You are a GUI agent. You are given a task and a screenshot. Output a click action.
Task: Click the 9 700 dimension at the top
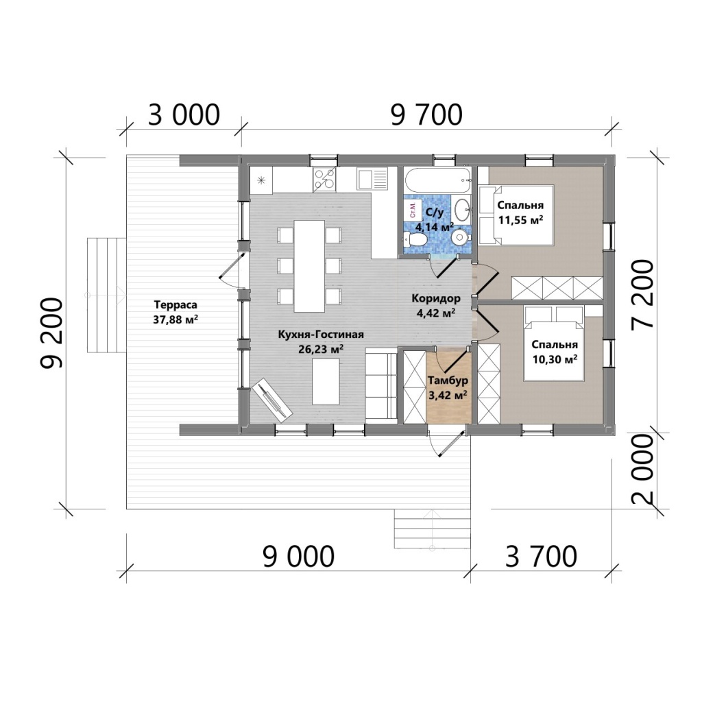click(x=426, y=114)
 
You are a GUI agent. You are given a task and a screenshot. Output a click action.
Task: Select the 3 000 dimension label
click(x=184, y=114)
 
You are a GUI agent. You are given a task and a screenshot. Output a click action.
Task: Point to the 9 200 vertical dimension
click(x=51, y=333)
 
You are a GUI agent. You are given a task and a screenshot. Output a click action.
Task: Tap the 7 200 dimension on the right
click(x=642, y=295)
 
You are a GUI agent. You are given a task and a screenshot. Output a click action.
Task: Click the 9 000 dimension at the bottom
click(x=298, y=557)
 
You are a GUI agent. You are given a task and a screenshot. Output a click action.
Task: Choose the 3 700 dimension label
click(x=541, y=557)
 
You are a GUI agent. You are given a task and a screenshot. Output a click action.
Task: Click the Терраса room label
click(x=175, y=305)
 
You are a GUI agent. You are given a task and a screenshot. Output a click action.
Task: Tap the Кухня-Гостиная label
click(x=321, y=335)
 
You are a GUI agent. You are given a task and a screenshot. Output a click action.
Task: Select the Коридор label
click(x=435, y=298)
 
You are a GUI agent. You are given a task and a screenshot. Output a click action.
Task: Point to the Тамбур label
click(x=448, y=380)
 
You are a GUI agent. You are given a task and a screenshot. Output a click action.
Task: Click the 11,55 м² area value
click(x=521, y=220)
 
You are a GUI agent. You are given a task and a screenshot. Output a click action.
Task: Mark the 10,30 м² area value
click(x=555, y=359)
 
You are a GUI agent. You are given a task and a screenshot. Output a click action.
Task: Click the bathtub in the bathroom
click(x=438, y=180)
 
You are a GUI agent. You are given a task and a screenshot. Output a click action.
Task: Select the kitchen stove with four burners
click(x=324, y=180)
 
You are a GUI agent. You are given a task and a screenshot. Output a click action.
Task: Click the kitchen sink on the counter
click(x=372, y=179)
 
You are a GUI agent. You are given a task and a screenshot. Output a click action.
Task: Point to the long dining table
click(x=309, y=267)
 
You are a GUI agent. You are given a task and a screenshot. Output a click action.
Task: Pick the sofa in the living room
click(x=381, y=385)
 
